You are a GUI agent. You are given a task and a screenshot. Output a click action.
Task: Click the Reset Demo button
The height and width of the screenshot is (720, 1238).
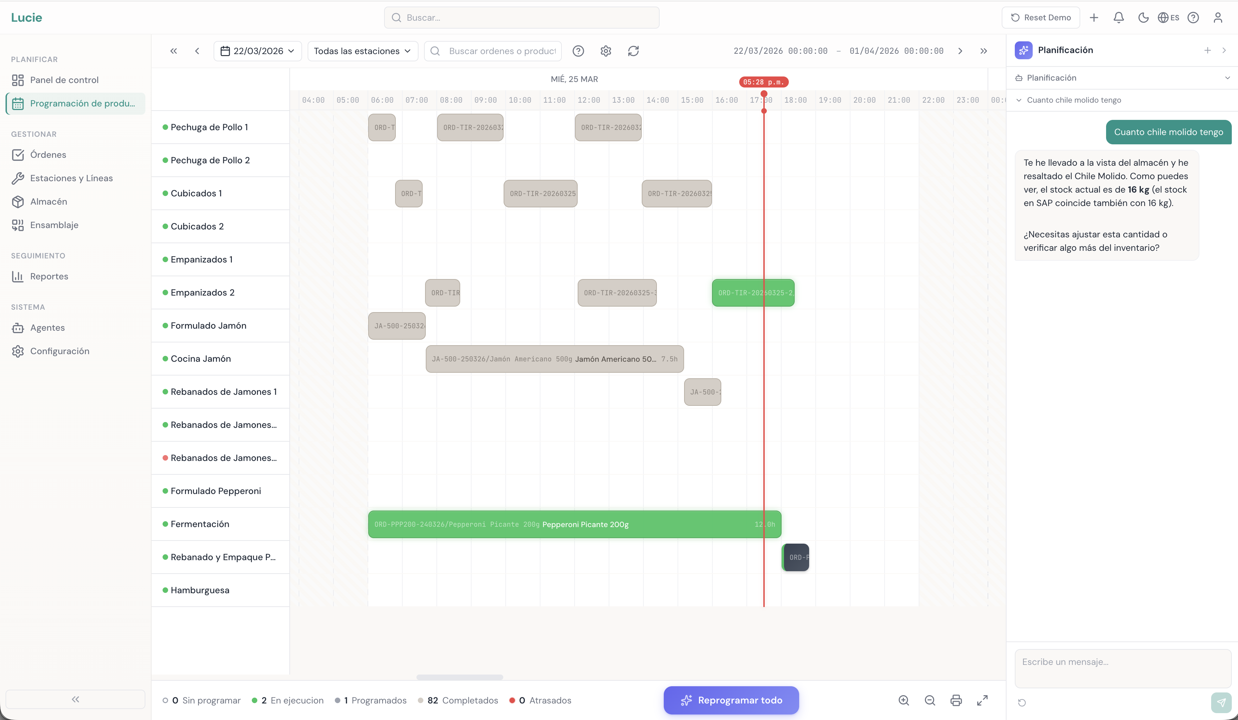1041,18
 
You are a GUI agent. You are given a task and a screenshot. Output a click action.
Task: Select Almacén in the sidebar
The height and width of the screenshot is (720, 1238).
48,202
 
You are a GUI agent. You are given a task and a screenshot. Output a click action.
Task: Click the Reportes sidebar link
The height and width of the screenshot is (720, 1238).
49,276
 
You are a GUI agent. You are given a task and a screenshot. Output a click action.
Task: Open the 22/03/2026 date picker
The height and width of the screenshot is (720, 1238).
257,51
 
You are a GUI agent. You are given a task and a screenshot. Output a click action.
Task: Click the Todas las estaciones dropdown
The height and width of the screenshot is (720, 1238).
362,51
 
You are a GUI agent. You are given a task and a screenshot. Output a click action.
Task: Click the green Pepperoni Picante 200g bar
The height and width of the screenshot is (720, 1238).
574,524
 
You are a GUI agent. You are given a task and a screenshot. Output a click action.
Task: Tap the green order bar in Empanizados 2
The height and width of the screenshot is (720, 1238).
753,293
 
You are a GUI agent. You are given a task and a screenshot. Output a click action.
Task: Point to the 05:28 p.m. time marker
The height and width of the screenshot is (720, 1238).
763,82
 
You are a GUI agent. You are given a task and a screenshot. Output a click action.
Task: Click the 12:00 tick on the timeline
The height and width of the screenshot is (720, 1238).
589,100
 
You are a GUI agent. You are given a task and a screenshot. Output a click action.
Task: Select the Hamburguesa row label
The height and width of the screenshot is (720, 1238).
200,590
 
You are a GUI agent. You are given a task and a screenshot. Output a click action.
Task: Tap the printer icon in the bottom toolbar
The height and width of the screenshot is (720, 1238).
956,700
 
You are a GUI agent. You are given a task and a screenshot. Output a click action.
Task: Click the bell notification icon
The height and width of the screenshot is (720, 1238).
1118,18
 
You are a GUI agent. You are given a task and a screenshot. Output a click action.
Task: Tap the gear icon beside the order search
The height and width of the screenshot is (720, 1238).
606,51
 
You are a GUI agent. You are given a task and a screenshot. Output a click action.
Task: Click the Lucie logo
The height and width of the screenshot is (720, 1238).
27,18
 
